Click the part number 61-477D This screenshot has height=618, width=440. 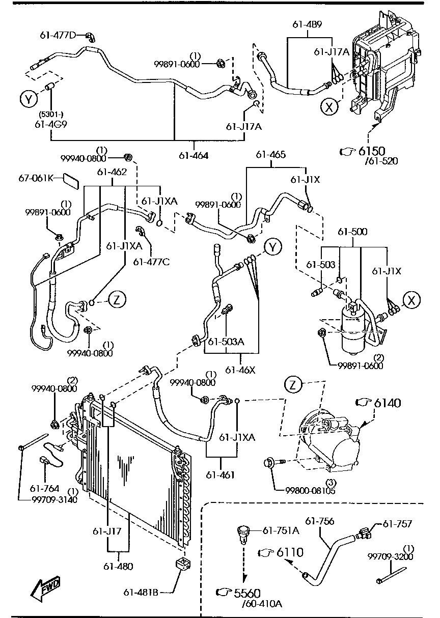[x=58, y=35]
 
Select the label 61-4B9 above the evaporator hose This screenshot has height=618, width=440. [x=307, y=24]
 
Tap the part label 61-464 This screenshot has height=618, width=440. [x=194, y=156]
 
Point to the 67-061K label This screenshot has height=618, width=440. [x=36, y=178]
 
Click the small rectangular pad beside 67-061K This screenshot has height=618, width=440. [x=71, y=181]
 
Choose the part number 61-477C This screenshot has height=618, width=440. [x=152, y=262]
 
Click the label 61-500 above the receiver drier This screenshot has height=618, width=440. [x=352, y=232]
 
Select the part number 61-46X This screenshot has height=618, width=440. [x=240, y=370]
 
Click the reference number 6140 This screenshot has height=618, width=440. [x=387, y=403]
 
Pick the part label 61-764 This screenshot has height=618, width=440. [x=44, y=488]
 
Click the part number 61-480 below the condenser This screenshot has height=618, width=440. [x=119, y=567]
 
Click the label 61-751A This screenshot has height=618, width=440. [x=281, y=530]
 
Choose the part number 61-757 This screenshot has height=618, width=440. [x=397, y=523]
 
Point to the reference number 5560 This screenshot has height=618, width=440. [x=247, y=593]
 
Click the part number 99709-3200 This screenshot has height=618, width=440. [x=390, y=556]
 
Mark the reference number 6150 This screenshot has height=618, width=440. [x=372, y=151]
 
